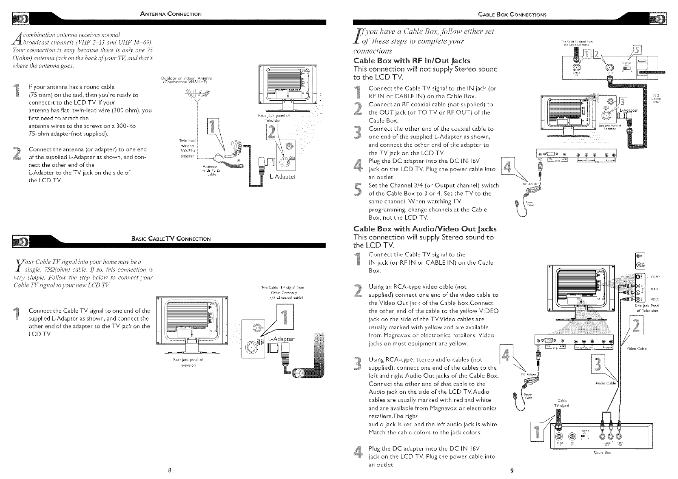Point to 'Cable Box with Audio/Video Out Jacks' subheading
click(x=425, y=229)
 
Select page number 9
click(x=512, y=471)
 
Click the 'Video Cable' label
click(x=636, y=348)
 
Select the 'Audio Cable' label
click(x=605, y=383)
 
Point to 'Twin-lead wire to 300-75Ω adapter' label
click(x=187, y=149)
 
